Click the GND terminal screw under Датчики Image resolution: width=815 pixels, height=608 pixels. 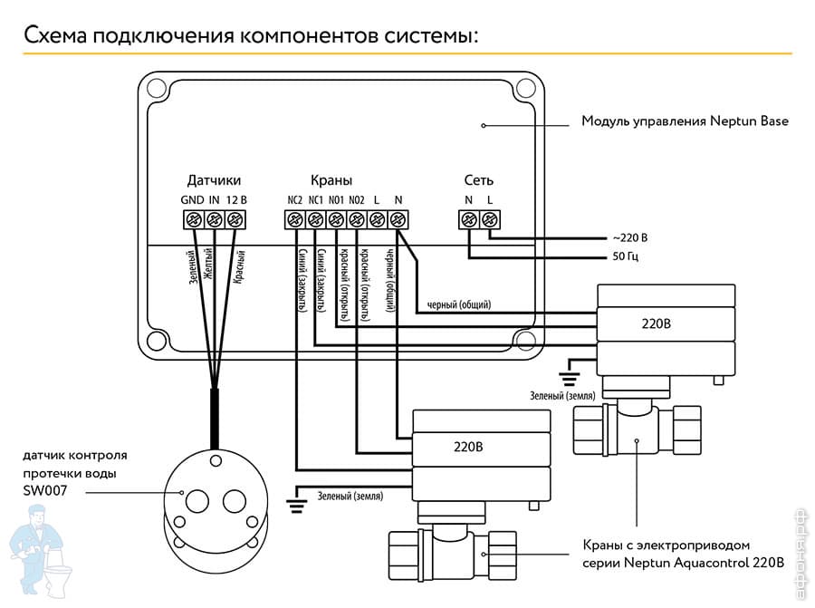pyautogui.click(x=193, y=219)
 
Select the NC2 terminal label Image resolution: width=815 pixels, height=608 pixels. pyautogui.click(x=294, y=199)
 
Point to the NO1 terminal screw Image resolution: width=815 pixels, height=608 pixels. pyautogui.click(x=336, y=219)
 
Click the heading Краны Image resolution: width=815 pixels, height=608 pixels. pyautogui.click(x=331, y=180)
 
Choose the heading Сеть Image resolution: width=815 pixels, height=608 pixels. pyautogui.click(x=479, y=180)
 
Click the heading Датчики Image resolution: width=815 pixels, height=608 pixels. pyautogui.click(x=214, y=180)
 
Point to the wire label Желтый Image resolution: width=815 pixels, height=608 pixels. pyautogui.click(x=210, y=265)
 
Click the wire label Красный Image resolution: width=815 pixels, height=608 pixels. pyautogui.click(x=238, y=268)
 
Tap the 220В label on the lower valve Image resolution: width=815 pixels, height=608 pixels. pyautogui.click(x=468, y=447)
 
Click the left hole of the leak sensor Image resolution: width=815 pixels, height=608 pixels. pyautogui.click(x=196, y=499)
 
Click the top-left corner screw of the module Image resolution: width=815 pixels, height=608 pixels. pyautogui.click(x=156, y=90)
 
